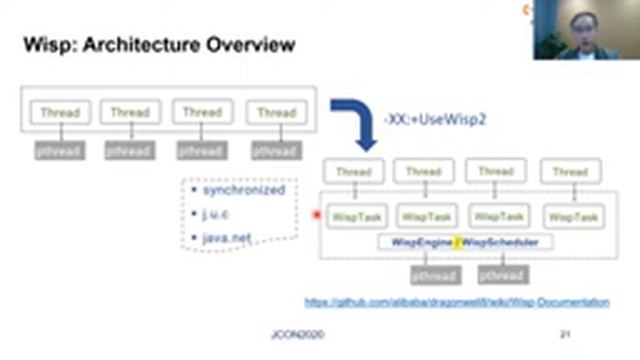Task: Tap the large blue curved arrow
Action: [355, 120]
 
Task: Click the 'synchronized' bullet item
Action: [243, 190]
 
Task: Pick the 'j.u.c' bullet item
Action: [218, 213]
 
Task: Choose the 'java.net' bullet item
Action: [227, 236]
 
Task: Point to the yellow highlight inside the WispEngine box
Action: [459, 242]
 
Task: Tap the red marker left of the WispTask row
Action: [317, 215]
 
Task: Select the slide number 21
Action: [565, 335]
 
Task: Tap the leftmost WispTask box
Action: [352, 216]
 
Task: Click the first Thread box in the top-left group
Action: [60, 112]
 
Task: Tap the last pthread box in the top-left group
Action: [276, 152]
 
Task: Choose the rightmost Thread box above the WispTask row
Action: [570, 172]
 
